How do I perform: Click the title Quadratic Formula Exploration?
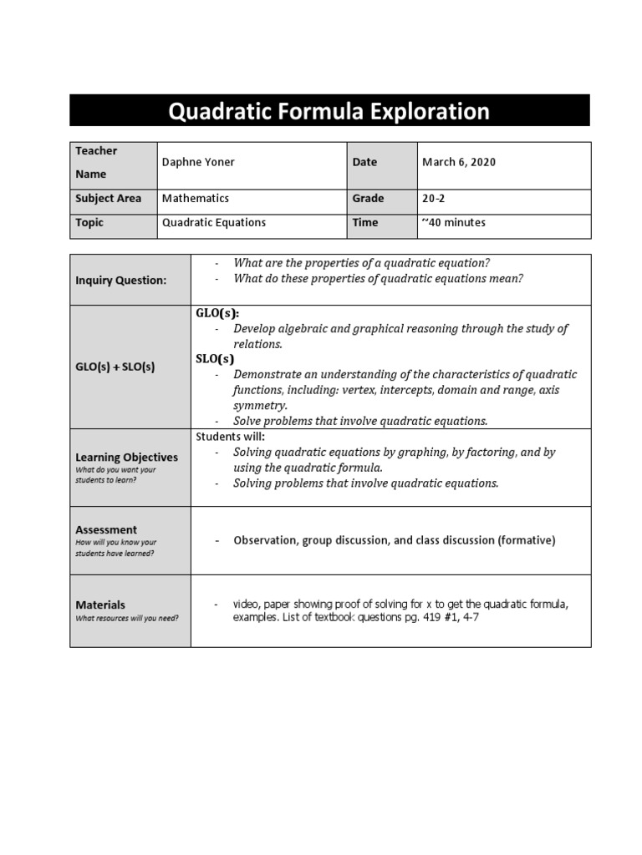click(329, 111)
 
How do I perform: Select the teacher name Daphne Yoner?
click(198, 162)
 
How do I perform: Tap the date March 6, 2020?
click(459, 162)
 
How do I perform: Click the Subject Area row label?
click(108, 199)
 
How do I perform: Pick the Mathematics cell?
click(195, 199)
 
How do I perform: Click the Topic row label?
click(89, 223)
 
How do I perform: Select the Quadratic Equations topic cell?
click(213, 223)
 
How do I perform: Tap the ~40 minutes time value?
click(453, 223)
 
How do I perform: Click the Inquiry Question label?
click(120, 281)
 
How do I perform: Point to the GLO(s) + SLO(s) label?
click(115, 367)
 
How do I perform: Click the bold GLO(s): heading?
click(217, 313)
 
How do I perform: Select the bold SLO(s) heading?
click(215, 359)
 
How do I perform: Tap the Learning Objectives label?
click(126, 458)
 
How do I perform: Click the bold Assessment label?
click(105, 529)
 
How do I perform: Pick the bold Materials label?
click(100, 605)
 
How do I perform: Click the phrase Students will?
click(230, 437)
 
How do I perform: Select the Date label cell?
click(364, 162)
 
